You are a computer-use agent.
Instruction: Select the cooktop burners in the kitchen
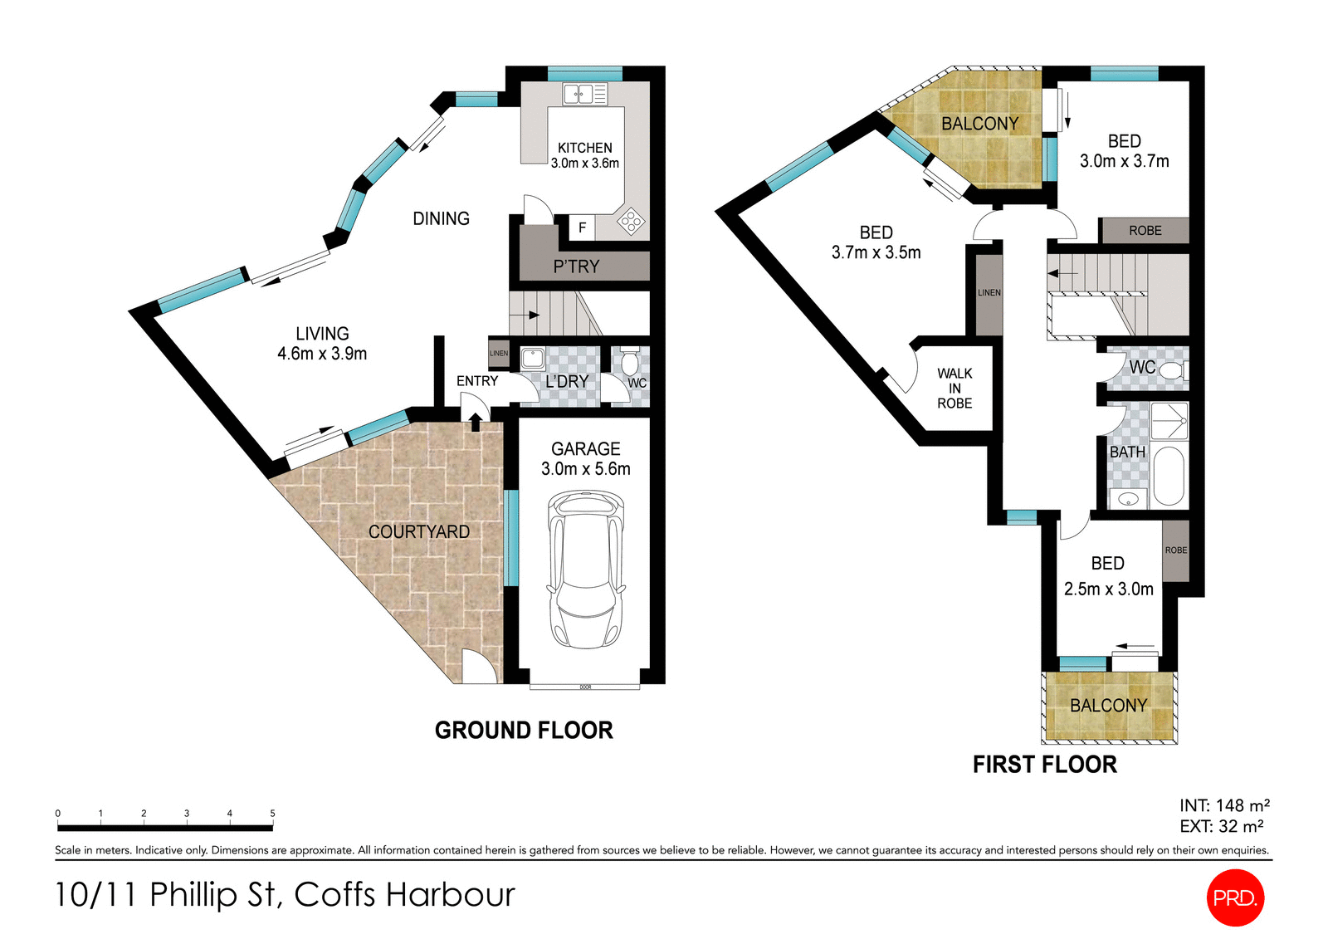tap(631, 221)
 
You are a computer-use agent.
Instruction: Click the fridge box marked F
tap(582, 227)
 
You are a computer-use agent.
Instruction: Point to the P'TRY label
tap(576, 267)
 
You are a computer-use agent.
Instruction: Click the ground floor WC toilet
tap(630, 362)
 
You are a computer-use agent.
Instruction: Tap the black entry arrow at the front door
tap(475, 422)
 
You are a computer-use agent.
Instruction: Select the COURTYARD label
tap(418, 531)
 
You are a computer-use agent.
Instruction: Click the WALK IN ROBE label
tap(954, 388)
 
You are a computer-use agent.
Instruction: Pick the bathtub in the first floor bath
tap(1169, 476)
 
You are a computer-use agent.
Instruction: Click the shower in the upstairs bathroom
tap(1169, 421)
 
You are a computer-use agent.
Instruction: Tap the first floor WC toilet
tap(1172, 370)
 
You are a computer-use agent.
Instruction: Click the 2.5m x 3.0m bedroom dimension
tap(1108, 589)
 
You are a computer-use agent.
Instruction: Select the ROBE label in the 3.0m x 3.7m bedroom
tap(1145, 231)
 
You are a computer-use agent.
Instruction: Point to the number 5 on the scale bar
tap(272, 814)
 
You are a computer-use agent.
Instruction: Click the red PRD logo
tap(1234, 897)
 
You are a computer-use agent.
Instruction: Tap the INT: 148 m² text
tap(1224, 805)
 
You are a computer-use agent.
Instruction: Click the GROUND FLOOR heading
tap(524, 731)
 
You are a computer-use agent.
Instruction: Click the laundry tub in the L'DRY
tap(532, 359)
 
